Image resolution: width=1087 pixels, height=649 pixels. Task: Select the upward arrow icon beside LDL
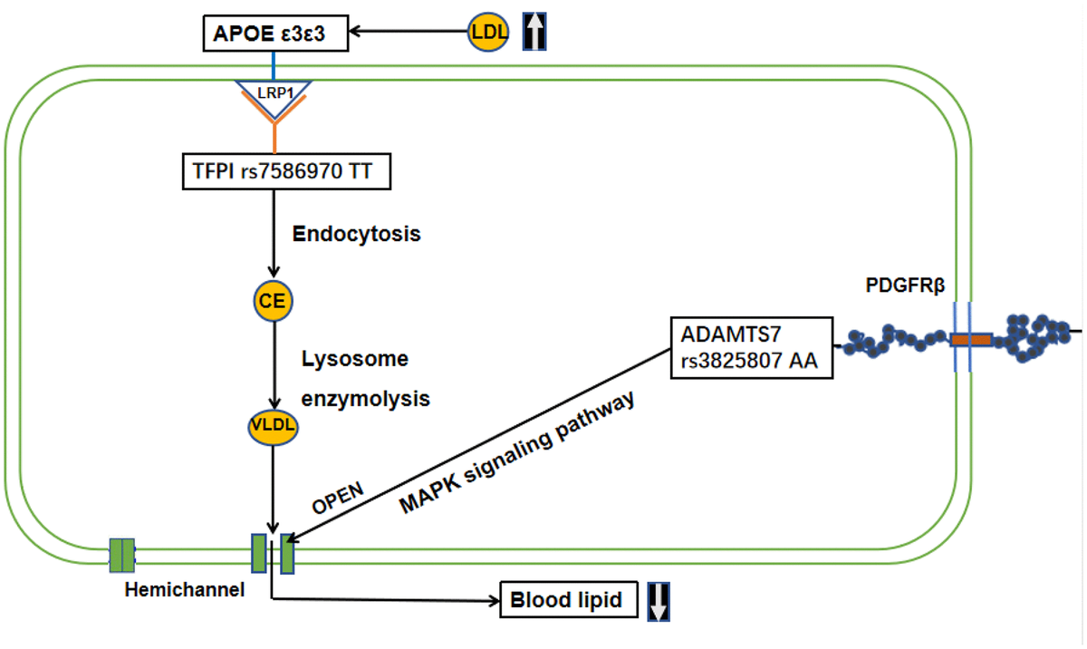536,32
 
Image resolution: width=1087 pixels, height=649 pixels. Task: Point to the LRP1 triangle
274,92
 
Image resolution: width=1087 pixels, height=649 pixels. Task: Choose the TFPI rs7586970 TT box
286,171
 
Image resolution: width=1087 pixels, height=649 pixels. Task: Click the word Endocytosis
356,233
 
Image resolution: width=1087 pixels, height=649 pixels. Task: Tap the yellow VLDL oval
273,424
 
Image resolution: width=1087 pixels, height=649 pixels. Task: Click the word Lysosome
354,359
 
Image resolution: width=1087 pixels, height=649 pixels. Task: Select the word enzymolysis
365,398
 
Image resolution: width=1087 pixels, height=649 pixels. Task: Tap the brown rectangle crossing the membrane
970,340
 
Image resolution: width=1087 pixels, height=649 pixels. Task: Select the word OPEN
339,499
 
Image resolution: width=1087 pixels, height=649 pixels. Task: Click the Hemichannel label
184,590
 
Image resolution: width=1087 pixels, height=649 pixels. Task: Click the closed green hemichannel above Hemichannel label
121,555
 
